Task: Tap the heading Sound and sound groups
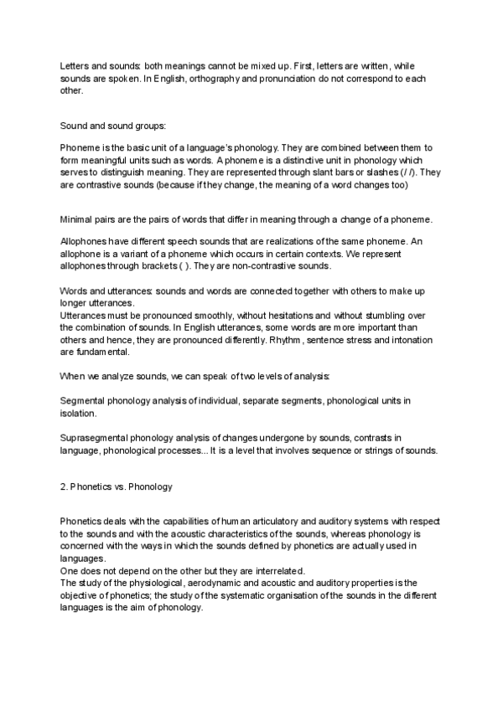[113, 126]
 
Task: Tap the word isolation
[79, 413]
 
